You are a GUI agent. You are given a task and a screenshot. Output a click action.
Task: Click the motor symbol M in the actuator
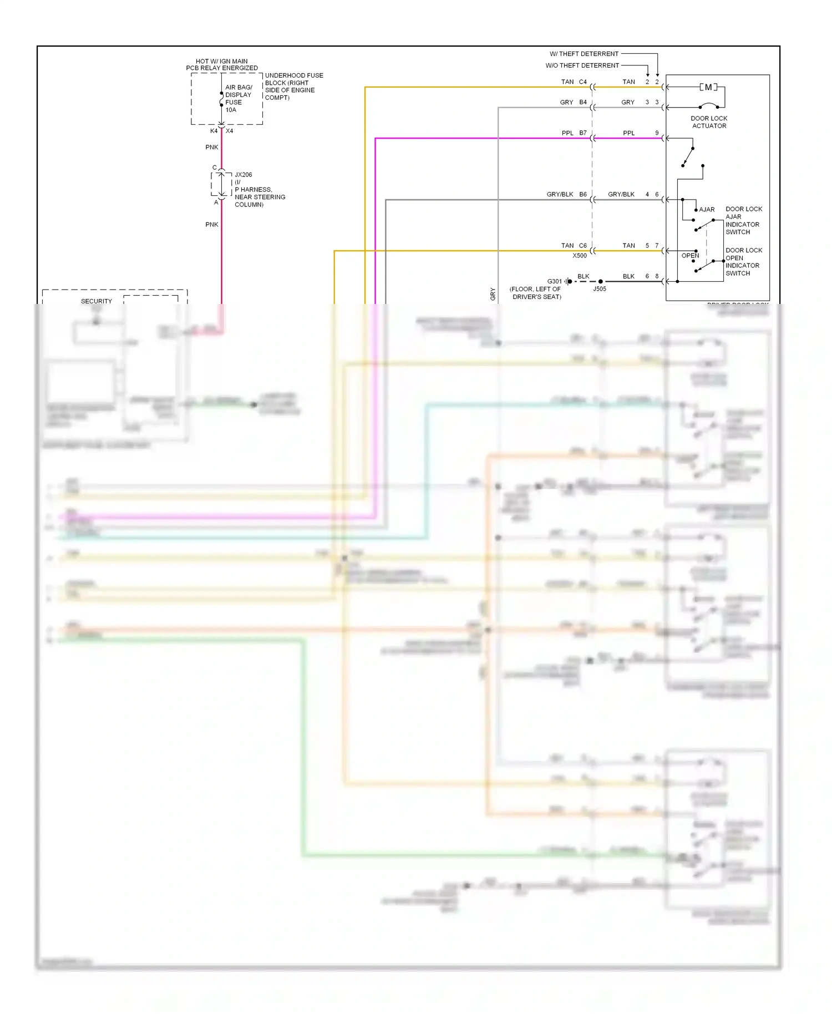(708, 87)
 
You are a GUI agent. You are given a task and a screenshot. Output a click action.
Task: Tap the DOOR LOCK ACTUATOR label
(709, 122)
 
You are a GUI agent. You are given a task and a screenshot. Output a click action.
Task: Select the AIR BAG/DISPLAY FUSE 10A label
(239, 99)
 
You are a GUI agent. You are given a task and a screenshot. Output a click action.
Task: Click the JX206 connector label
(243, 175)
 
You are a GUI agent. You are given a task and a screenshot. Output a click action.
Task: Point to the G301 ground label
(554, 281)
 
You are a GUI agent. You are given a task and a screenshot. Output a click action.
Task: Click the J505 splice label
(600, 289)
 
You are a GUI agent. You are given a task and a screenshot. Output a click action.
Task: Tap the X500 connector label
(579, 256)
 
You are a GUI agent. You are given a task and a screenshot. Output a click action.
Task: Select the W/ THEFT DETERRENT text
(584, 54)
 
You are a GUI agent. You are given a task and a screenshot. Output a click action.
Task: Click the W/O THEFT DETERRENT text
(582, 65)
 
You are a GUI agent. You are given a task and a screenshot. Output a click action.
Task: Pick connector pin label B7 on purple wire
(583, 133)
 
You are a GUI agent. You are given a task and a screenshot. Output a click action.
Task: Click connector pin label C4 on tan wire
(583, 82)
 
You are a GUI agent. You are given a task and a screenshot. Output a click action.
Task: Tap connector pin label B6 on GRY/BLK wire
(583, 195)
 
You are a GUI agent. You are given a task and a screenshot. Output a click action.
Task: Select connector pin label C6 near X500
(583, 246)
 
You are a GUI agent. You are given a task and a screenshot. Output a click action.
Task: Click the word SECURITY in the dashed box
(97, 301)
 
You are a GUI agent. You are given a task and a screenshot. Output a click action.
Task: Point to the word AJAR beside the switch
(707, 210)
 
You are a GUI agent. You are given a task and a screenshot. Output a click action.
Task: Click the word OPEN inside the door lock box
(690, 256)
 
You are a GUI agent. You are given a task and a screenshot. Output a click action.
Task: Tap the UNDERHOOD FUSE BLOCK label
(293, 87)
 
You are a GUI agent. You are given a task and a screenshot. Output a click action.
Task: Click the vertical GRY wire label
(493, 294)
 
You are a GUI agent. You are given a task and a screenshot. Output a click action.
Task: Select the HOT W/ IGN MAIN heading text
(222, 62)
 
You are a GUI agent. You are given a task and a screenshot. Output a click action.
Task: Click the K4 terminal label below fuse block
(214, 131)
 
